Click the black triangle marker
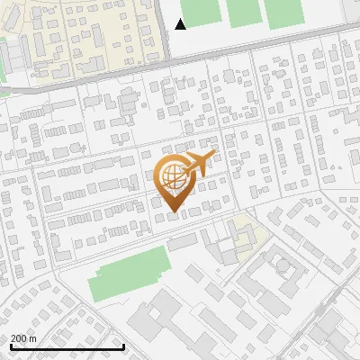click(181, 24)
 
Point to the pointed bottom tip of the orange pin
click(171, 212)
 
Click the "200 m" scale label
click(23, 338)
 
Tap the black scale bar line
click(67, 346)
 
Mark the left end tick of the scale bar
click(10, 346)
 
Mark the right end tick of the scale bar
click(123, 346)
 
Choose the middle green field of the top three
click(242, 11)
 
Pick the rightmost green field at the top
click(284, 10)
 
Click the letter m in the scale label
click(33, 338)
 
